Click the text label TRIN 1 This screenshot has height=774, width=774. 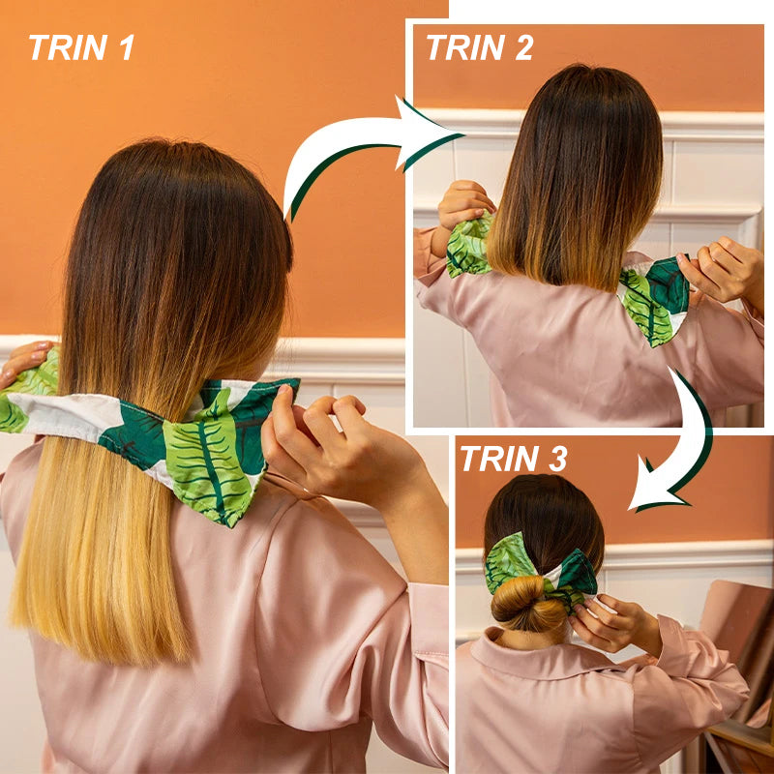81,47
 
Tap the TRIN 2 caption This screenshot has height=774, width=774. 479,47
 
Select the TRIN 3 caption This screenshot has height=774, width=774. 514,459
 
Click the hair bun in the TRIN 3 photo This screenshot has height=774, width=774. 528,603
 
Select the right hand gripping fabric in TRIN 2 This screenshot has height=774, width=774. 722,269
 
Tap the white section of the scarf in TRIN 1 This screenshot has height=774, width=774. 74,412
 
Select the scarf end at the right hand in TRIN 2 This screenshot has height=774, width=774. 654,299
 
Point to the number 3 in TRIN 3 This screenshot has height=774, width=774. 557,459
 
